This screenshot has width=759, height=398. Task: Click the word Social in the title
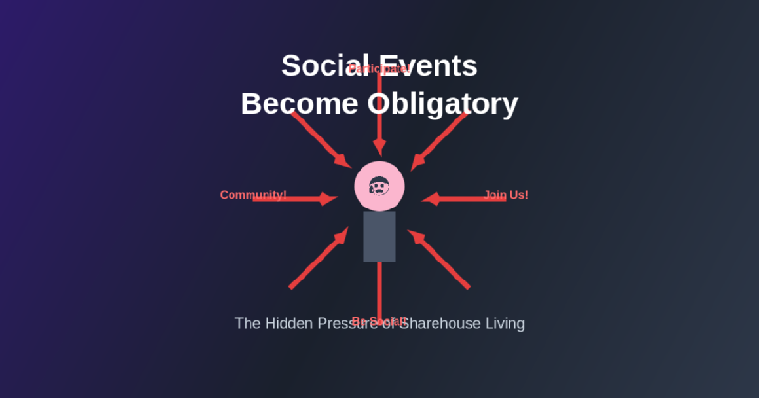(x=323, y=66)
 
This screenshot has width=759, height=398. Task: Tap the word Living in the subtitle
(x=504, y=323)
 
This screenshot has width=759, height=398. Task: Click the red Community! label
(x=252, y=195)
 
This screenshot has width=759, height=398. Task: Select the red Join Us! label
(x=506, y=195)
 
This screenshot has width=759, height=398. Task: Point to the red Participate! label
(x=379, y=68)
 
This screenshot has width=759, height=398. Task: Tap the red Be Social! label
(x=379, y=320)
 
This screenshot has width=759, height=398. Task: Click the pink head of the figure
(x=379, y=187)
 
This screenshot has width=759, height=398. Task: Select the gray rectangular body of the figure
(x=379, y=236)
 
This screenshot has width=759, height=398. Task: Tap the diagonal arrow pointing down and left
(x=437, y=140)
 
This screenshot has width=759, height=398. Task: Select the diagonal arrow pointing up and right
(x=319, y=258)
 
